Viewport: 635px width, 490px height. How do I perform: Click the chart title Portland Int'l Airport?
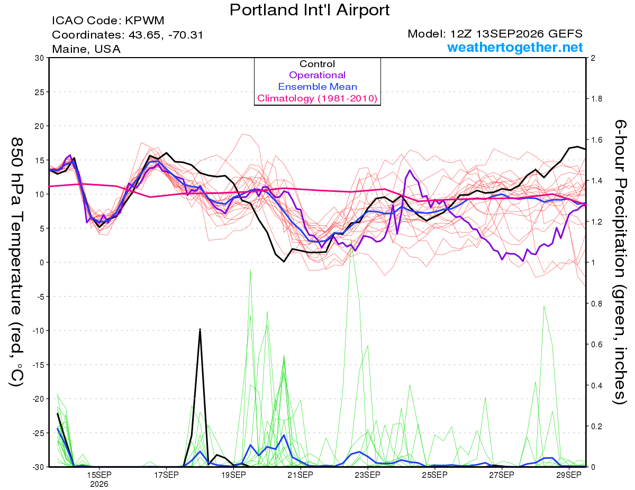310,10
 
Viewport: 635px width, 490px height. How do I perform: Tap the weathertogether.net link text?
515,47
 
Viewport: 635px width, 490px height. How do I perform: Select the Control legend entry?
317,64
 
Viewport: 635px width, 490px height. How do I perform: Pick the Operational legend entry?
317,75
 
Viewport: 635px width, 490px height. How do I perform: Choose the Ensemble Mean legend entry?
317,87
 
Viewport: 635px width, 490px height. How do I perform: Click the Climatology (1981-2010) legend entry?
317,98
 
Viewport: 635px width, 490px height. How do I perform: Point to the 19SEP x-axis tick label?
233,475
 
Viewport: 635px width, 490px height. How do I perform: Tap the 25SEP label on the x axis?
435,475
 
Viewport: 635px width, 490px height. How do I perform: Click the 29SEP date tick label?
569,475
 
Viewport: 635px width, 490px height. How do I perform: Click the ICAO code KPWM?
144,21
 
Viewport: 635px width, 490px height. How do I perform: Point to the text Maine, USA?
86,49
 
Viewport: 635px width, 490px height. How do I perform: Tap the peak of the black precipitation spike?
200,329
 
